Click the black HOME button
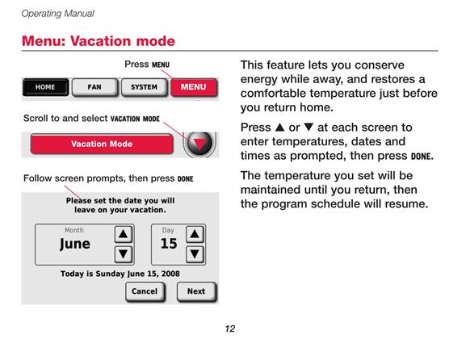pyautogui.click(x=45, y=87)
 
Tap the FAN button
pyautogui.click(x=94, y=87)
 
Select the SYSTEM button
pyautogui.click(x=144, y=87)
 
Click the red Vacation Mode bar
pyautogui.click(x=102, y=144)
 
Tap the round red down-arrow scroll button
pyautogui.click(x=199, y=143)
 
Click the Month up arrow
pyautogui.click(x=124, y=234)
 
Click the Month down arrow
pyautogui.click(x=124, y=254)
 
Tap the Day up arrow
pyautogui.click(x=195, y=234)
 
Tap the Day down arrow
pyautogui.click(x=195, y=254)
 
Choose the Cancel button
pyautogui.click(x=145, y=291)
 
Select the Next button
pyautogui.click(x=196, y=291)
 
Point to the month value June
pyautogui.click(x=75, y=244)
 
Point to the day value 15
pyautogui.click(x=169, y=244)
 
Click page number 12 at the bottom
pyautogui.click(x=230, y=329)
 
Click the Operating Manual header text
pyautogui.click(x=57, y=14)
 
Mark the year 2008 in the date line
pyautogui.click(x=170, y=274)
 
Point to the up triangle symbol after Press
pyautogui.click(x=280, y=127)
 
